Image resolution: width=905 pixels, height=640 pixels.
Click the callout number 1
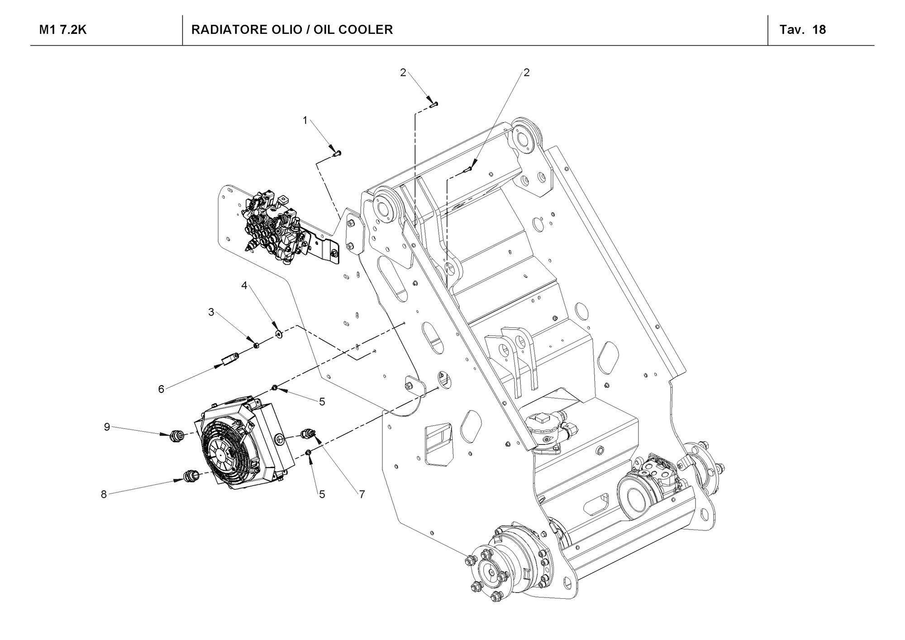pos(305,120)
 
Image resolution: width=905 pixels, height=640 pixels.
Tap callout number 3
pos(211,312)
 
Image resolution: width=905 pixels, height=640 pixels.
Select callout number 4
pos(244,286)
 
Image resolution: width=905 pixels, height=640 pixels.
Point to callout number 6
pos(161,389)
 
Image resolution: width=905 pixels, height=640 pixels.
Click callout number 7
pos(362,495)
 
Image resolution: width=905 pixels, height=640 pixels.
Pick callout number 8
pos(104,495)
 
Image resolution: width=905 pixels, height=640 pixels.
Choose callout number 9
pos(107,427)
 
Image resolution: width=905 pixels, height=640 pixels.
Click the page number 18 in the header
pos(819,30)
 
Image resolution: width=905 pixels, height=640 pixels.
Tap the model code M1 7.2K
pos(63,30)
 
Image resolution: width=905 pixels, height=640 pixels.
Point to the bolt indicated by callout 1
pos(337,153)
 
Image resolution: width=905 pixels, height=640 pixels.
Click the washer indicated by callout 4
pos(279,334)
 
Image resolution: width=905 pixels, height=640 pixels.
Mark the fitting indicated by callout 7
pos(309,433)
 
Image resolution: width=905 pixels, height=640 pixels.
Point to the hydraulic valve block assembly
pos(271,226)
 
